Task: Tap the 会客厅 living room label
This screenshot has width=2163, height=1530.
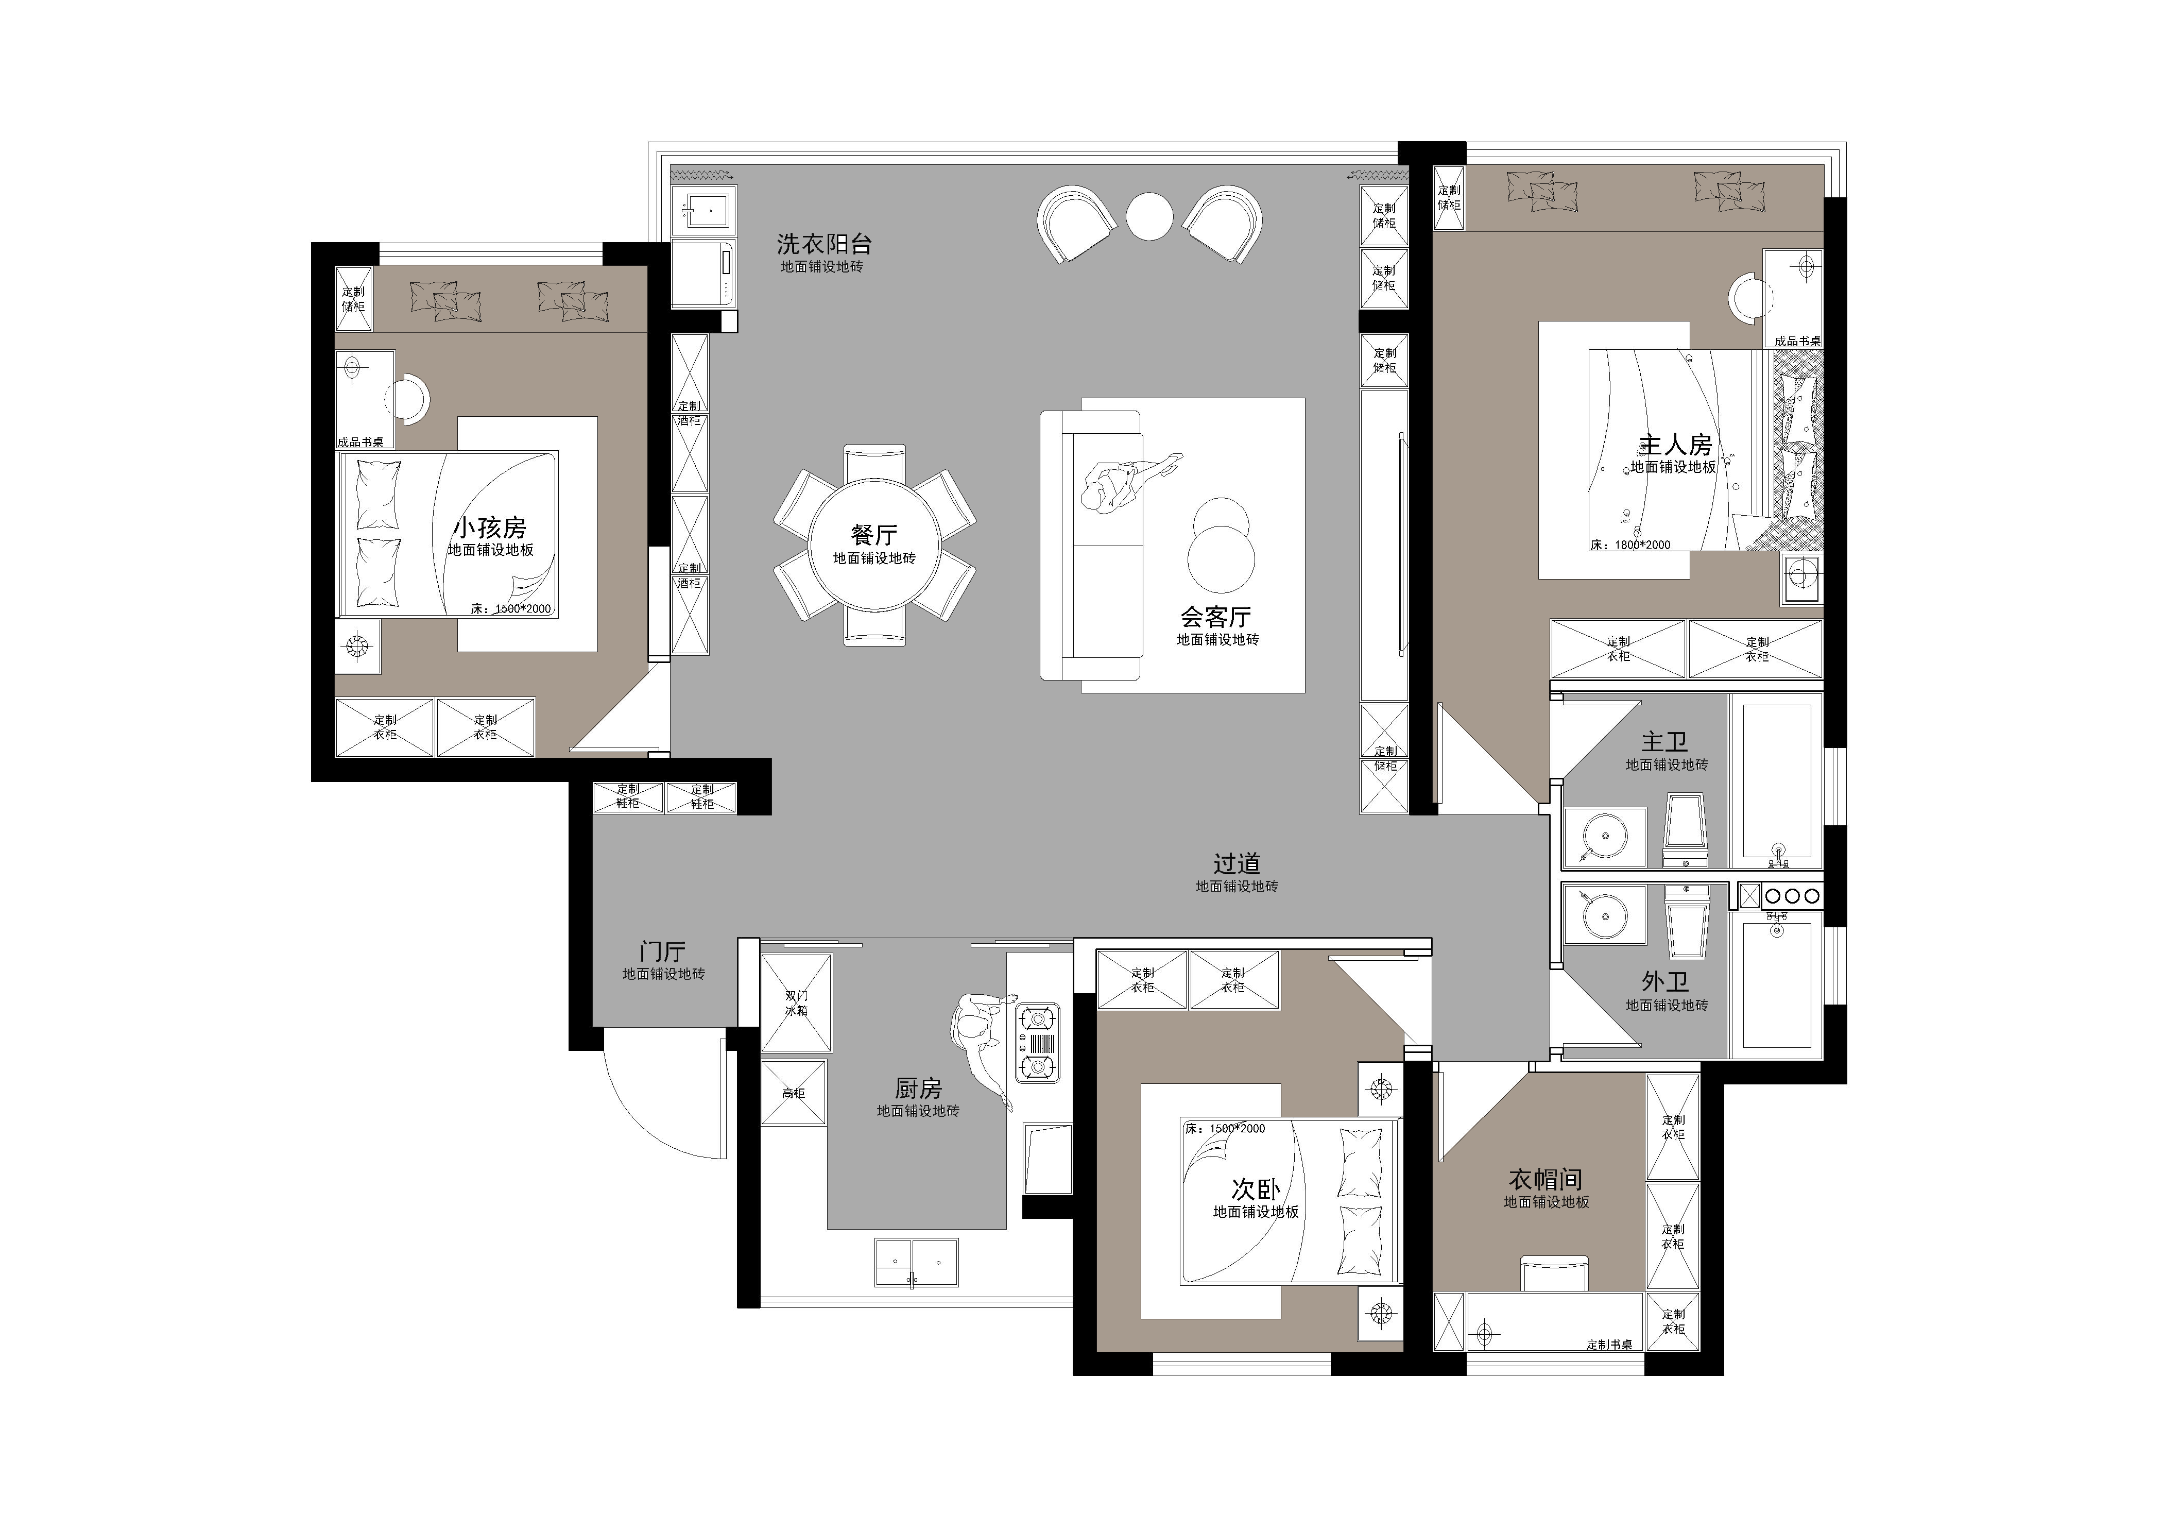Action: (x=1216, y=617)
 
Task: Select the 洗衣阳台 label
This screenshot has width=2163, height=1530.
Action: (x=825, y=244)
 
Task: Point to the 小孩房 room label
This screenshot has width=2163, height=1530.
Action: (x=490, y=528)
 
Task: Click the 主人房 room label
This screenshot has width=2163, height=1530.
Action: (x=1675, y=445)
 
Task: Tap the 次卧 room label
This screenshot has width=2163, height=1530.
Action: (x=1256, y=1189)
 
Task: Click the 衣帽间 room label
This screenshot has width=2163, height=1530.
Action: (x=1546, y=1180)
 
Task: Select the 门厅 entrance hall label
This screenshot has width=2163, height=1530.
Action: (x=662, y=951)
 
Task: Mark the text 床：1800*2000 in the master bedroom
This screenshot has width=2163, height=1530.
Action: (x=1630, y=545)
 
